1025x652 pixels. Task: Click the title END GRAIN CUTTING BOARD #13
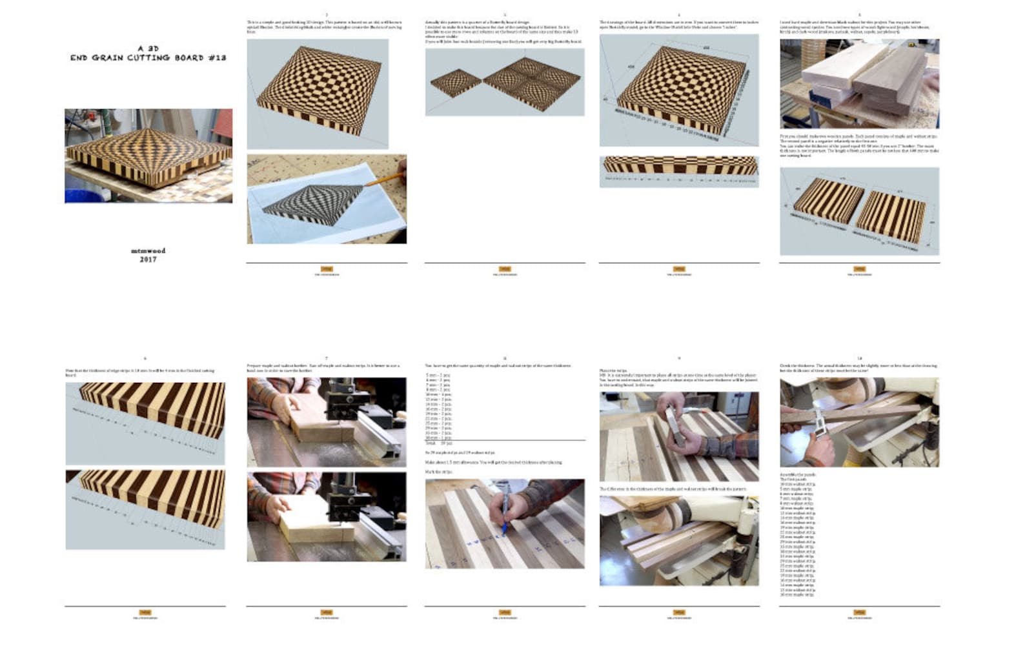pyautogui.click(x=148, y=57)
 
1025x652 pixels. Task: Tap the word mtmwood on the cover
pyautogui.click(x=148, y=250)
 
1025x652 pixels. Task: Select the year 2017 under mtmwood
pyautogui.click(x=148, y=260)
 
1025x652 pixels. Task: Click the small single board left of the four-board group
pyautogui.click(x=456, y=83)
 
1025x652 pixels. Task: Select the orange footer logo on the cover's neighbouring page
pyautogui.click(x=327, y=269)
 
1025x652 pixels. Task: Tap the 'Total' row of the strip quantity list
pyautogui.click(x=439, y=443)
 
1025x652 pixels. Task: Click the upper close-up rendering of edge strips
pyautogui.click(x=145, y=423)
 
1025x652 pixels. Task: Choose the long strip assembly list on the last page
pyautogui.click(x=798, y=536)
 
